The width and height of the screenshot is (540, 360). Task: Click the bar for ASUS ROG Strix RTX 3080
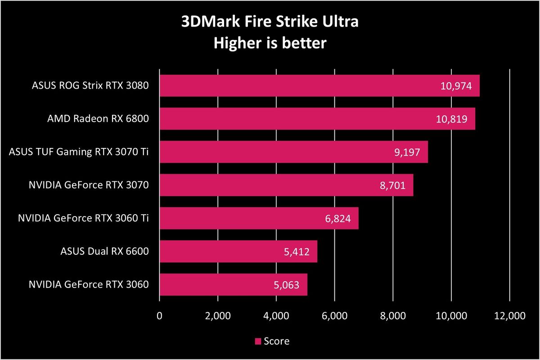tap(297, 86)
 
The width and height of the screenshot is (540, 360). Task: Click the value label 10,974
tap(455, 86)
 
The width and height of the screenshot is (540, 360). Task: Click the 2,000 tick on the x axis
tap(218, 316)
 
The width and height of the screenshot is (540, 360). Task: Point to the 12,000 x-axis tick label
tap(509, 316)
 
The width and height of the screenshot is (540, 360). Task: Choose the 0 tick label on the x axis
tap(159, 316)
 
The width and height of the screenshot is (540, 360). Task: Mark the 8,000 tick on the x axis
tap(393, 316)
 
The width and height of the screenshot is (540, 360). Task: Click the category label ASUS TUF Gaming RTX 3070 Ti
tap(79, 152)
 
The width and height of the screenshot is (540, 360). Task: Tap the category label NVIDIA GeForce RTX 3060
tap(88, 285)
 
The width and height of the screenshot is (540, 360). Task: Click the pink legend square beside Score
tap(258, 342)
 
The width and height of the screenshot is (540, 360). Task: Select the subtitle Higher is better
tap(270, 43)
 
